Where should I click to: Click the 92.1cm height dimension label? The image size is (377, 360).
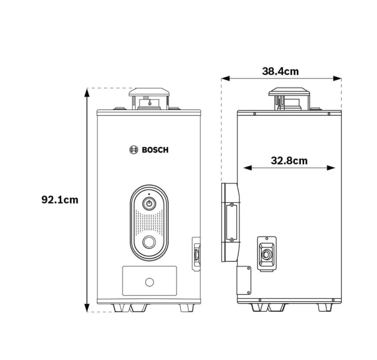coord(60,200)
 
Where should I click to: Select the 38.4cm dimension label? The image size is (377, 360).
coord(281,72)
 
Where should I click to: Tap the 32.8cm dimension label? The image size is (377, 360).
coord(289,161)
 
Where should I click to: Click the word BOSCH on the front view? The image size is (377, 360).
coord(155,150)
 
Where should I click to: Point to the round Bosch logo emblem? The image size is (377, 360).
coord(134,150)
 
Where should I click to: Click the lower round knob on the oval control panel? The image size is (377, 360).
coord(149,242)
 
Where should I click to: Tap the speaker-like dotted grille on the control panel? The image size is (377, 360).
coord(149,223)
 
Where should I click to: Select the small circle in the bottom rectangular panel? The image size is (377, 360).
coord(150,282)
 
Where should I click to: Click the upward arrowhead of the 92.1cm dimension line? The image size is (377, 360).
coord(87,92)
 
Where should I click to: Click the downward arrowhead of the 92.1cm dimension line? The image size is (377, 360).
coord(87,308)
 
